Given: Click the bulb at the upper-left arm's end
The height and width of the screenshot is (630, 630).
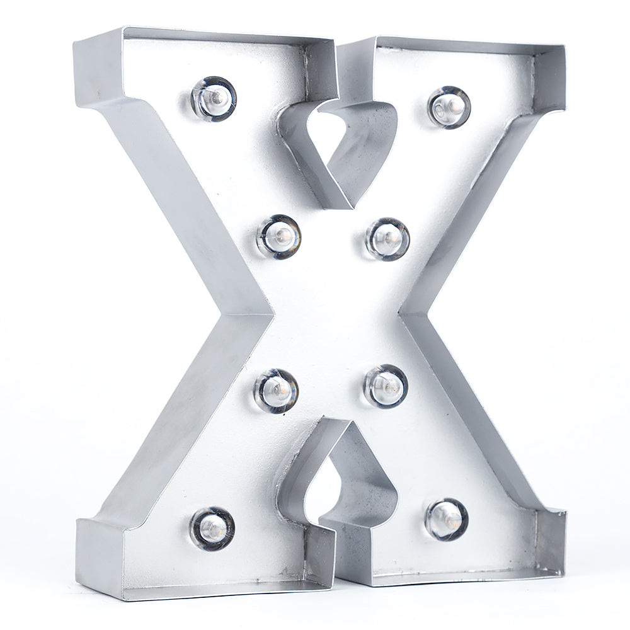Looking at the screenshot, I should (x=214, y=98).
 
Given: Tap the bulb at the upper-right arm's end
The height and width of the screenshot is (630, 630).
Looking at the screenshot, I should (x=449, y=106).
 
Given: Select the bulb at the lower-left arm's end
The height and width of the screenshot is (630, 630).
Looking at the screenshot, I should (x=212, y=528).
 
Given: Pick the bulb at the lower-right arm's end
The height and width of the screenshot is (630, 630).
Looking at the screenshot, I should (x=447, y=519).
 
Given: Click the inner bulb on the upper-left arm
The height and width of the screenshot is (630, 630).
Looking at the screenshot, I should (x=279, y=237).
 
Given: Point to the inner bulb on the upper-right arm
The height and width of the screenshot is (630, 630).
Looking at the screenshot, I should (x=387, y=238).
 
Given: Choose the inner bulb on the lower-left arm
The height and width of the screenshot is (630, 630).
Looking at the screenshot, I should (x=276, y=390).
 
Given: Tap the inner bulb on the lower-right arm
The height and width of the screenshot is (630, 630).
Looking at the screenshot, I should (x=386, y=386).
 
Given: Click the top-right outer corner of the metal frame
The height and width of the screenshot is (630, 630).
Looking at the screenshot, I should (x=563, y=48).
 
